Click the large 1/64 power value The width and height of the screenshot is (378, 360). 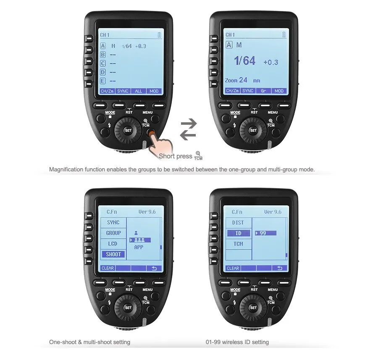(244, 61)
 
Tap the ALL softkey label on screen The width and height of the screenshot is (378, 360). (139, 91)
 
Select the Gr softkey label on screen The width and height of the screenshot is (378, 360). (263, 91)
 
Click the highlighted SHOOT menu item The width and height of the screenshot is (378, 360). (113, 254)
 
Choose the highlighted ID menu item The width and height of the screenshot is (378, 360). (238, 233)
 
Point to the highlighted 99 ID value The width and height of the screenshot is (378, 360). (265, 233)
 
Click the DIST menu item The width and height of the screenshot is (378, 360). (238, 223)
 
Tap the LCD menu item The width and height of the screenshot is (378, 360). (113, 244)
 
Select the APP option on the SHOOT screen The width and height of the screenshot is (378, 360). (139, 248)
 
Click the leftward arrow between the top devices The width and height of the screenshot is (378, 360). (188, 134)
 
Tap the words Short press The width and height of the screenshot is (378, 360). (175, 156)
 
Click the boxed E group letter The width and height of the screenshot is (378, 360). (103, 81)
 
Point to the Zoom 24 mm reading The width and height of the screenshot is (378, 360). (242, 80)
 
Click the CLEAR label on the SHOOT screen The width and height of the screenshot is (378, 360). (108, 268)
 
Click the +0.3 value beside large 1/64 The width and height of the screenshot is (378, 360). (270, 62)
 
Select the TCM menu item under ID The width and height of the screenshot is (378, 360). (238, 244)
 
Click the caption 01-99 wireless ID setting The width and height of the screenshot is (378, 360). (237, 342)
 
